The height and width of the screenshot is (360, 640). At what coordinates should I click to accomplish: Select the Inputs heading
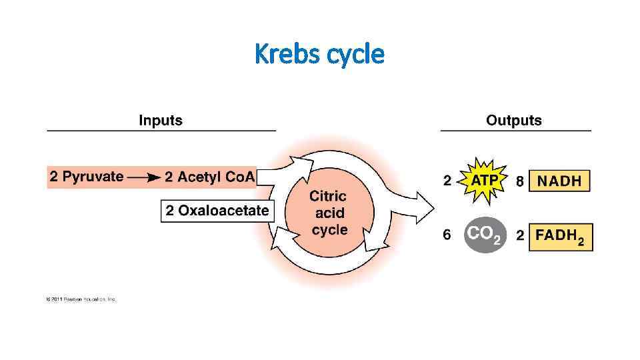point(160,121)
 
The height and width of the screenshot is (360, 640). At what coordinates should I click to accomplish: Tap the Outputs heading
point(514,121)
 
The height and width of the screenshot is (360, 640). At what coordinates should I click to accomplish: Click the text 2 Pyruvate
point(86,177)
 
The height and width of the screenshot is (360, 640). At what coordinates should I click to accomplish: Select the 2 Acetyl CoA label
point(209,177)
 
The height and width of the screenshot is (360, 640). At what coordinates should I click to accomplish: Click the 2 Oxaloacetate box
point(217,211)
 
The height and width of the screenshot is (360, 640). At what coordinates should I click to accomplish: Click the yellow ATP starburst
point(485,181)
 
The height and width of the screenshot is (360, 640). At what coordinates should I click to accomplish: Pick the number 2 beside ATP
point(447,181)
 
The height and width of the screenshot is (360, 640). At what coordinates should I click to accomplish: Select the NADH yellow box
point(559,181)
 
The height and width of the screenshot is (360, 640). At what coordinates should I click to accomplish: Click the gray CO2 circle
point(484,235)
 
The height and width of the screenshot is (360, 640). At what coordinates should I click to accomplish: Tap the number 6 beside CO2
point(447,235)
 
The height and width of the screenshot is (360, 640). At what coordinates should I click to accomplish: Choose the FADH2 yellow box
point(561,237)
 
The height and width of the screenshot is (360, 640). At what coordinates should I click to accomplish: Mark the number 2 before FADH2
point(519,235)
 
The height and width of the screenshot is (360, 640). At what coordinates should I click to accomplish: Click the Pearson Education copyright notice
point(81,299)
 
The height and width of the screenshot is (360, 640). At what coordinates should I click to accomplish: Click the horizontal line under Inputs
point(161,131)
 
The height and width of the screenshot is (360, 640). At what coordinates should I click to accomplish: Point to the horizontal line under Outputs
point(515,131)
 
